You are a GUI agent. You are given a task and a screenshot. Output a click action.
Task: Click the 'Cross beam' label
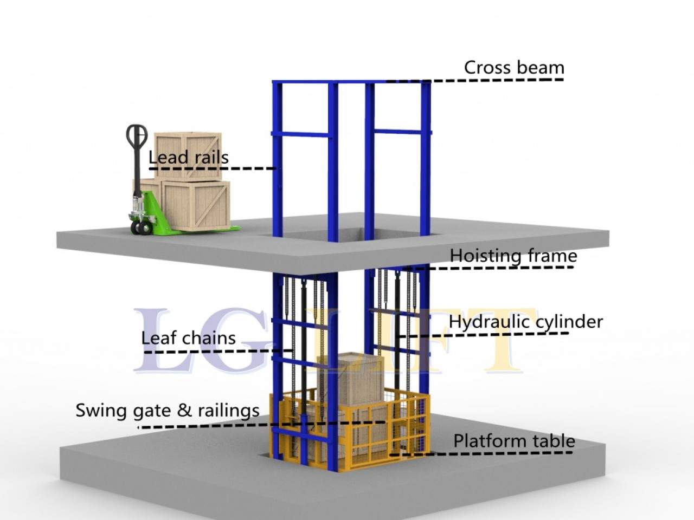pyautogui.click(x=513, y=68)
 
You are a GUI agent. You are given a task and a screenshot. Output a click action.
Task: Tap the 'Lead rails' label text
pyautogui.click(x=188, y=158)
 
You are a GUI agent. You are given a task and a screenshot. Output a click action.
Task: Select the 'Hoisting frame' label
pyautogui.click(x=513, y=256)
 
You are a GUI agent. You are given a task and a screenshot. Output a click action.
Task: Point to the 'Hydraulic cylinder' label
pyautogui.click(x=525, y=322)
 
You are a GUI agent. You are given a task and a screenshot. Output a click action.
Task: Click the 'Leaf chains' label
pyautogui.click(x=188, y=338)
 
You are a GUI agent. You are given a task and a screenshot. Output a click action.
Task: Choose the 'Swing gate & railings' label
pyautogui.click(x=167, y=411)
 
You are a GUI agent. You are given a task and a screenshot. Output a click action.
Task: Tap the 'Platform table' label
pyautogui.click(x=513, y=441)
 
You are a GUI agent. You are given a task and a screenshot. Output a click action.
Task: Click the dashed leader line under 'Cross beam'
pyautogui.click(x=477, y=81)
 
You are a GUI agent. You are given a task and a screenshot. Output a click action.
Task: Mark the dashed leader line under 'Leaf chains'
pyautogui.click(x=217, y=352)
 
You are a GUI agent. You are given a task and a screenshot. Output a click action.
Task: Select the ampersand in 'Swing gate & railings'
pyautogui.click(x=184, y=410)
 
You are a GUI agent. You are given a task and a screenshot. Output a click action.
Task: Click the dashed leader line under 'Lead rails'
pyautogui.click(x=217, y=168)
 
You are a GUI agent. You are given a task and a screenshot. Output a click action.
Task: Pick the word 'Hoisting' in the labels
pyautogui.click(x=483, y=256)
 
